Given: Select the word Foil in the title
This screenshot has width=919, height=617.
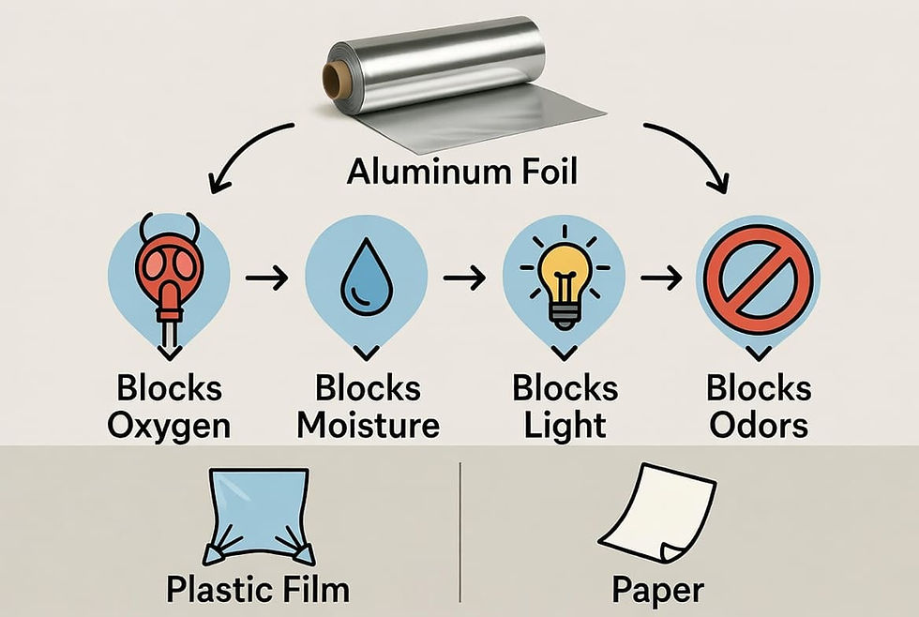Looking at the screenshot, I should click(542, 173).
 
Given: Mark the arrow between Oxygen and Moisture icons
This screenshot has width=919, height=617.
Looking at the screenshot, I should click(266, 278).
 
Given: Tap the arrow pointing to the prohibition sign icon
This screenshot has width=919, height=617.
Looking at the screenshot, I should click(664, 278).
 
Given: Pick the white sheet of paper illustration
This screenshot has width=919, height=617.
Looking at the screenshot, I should click(657, 511).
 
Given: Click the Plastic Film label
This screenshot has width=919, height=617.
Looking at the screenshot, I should click(257, 589).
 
